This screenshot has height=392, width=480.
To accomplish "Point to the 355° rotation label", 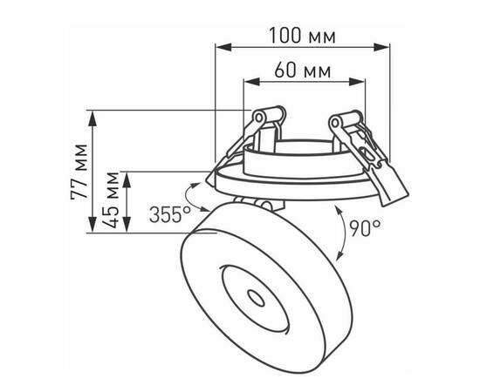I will pos(169,213).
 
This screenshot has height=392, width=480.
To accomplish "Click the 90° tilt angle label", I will pos(365,228).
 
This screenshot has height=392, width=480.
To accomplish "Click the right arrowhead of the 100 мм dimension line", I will pos(387,46).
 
